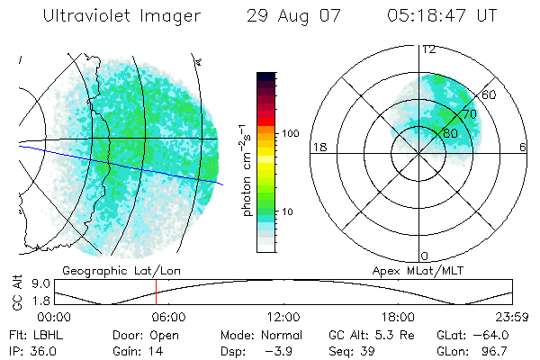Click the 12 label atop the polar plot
(429, 49)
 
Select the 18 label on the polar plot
(318, 147)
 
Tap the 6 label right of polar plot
(523, 147)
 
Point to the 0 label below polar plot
(425, 256)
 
